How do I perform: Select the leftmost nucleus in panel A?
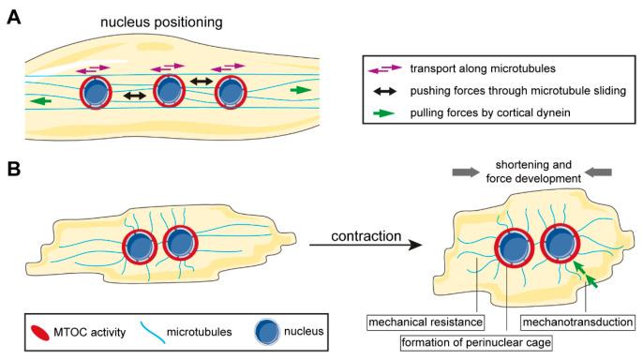tap(97, 94)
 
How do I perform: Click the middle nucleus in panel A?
tap(169, 94)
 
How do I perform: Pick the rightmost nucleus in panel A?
tap(232, 94)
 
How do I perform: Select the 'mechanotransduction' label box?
tap(587, 321)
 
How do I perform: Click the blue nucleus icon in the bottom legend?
tap(266, 331)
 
